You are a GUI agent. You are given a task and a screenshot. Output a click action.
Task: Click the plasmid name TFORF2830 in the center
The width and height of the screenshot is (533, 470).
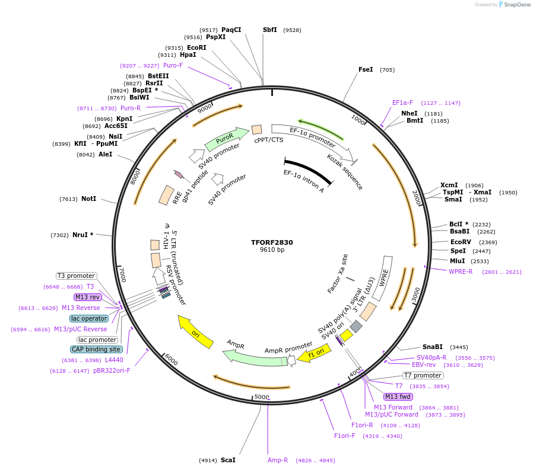pyautogui.click(x=272, y=242)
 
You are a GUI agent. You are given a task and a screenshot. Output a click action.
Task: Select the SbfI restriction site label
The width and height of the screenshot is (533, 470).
pyautogui.click(x=269, y=30)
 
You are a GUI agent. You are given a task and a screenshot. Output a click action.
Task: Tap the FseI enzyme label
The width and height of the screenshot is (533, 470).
pyautogui.click(x=366, y=69)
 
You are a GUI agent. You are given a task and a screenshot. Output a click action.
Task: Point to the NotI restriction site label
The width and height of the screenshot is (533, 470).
pyautogui.click(x=88, y=199)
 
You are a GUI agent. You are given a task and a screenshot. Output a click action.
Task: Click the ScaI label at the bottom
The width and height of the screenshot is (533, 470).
pyautogui.click(x=228, y=460)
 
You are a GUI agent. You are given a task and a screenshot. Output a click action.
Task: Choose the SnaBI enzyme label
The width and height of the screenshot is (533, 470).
pyautogui.click(x=433, y=347)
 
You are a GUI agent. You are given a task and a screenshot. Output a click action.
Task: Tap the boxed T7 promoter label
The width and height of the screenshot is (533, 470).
pyautogui.click(x=423, y=375)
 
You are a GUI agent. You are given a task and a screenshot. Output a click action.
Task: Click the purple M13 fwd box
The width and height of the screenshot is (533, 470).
pyautogui.click(x=398, y=397)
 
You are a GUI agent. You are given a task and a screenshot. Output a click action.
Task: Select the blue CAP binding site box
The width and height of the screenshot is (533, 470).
pyautogui.click(x=96, y=350)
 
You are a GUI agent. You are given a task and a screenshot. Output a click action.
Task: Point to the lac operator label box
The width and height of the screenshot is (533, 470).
pyautogui.click(x=89, y=318)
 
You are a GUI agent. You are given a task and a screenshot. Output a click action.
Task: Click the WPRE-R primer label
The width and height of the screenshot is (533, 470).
pyautogui.click(x=461, y=271)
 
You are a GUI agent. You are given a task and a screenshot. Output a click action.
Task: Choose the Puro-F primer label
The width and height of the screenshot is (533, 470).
pyautogui.click(x=173, y=65)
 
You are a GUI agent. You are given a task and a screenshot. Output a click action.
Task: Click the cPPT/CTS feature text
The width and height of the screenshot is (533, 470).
pyautogui.click(x=269, y=140)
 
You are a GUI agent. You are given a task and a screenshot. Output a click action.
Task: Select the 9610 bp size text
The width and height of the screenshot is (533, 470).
pyautogui.click(x=272, y=250)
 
